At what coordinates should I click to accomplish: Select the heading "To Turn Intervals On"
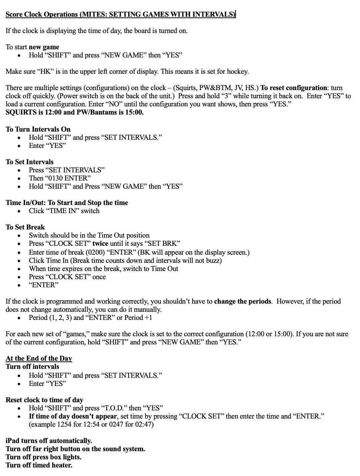point(38,129)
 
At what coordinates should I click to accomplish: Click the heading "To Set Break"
point(25,227)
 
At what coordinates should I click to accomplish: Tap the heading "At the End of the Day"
point(39,358)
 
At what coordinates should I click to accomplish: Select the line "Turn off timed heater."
point(39,465)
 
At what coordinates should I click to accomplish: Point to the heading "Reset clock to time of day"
point(44,400)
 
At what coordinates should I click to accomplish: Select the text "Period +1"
point(138,318)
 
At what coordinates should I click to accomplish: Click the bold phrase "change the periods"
point(243,301)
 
